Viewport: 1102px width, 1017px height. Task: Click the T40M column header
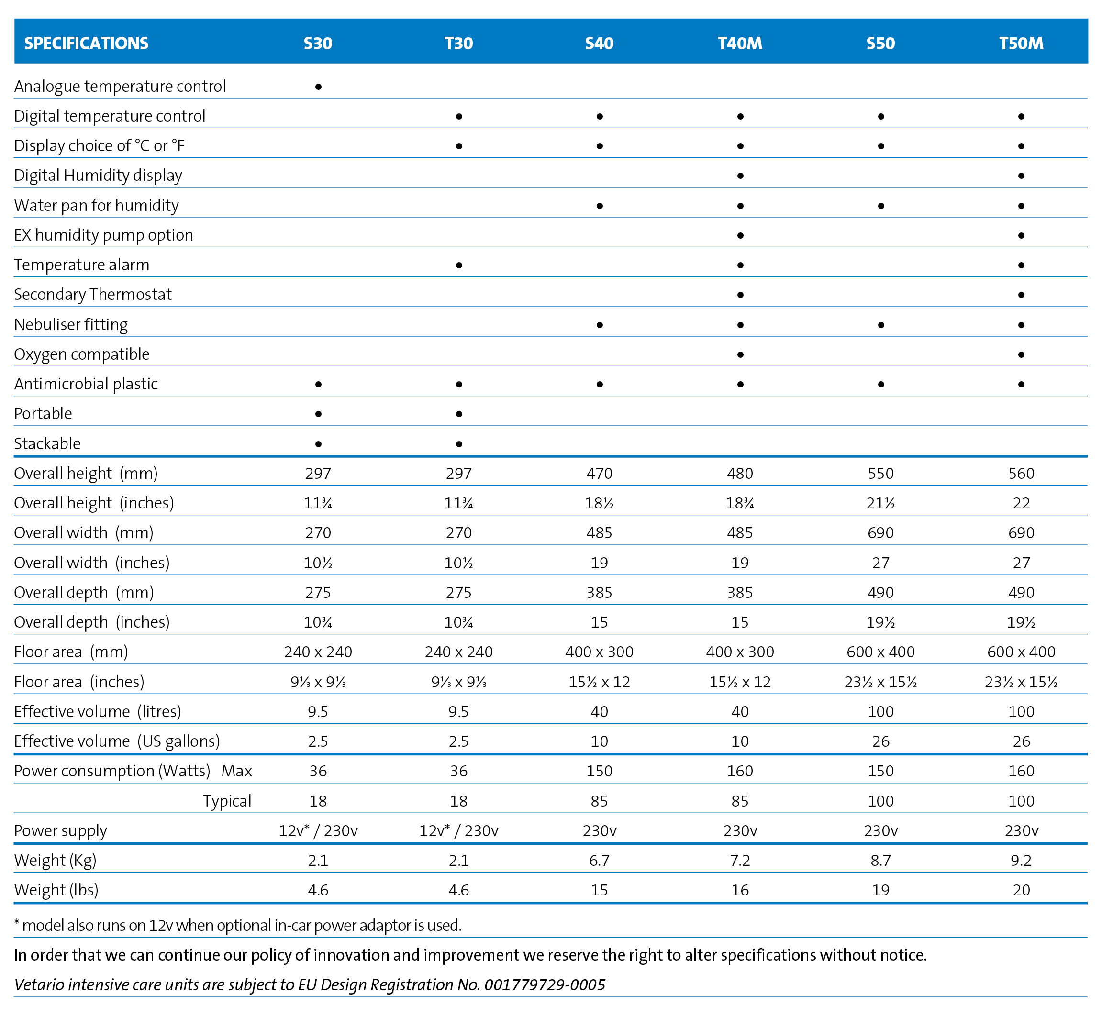740,43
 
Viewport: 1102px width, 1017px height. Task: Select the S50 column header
881,43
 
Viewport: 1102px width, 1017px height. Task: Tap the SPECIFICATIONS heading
87,43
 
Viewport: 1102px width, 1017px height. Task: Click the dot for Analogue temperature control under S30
318,87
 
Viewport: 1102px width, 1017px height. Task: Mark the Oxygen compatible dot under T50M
1022,354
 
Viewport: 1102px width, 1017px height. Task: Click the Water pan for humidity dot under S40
600,206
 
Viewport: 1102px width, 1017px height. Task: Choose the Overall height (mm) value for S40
600,473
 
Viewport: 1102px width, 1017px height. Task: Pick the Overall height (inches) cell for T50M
1022,503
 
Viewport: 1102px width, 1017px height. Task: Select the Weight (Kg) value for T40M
740,860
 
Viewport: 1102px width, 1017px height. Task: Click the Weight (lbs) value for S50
881,890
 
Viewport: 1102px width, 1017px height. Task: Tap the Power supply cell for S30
318,830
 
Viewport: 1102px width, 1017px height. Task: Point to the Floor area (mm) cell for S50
881,652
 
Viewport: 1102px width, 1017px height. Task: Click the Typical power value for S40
600,801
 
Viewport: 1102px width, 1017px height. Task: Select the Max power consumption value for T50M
1022,771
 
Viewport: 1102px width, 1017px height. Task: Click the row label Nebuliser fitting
71,325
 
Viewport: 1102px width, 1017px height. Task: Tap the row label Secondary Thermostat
93,294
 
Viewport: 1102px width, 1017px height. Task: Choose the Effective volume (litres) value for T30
458,712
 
